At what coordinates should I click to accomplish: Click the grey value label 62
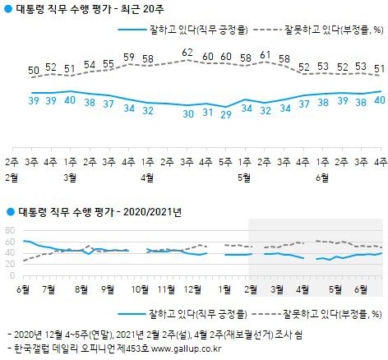pyautogui.click(x=187, y=53)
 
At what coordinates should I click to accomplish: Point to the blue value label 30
pyautogui.click(x=187, y=113)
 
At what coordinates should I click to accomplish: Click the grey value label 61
pyautogui.click(x=265, y=54)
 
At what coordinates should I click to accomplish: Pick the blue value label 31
pyautogui.click(x=207, y=112)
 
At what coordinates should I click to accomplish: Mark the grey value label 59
pyautogui.click(x=129, y=58)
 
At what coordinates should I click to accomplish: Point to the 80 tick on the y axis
pyautogui.click(x=11, y=229)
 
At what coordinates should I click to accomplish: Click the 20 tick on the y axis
pyautogui.click(x=11, y=264)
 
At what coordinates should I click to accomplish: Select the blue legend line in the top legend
pyautogui.click(x=138, y=29)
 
